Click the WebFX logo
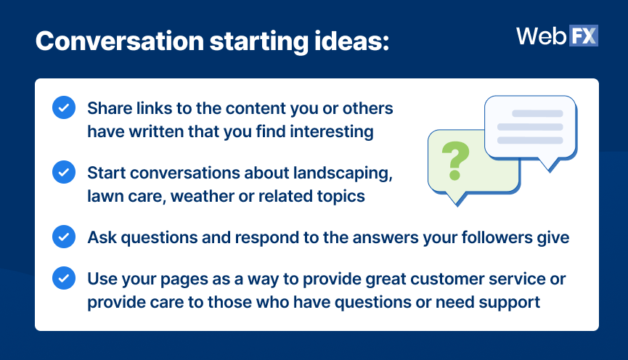click(557, 36)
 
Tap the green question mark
click(455, 160)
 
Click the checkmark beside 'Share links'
click(64, 107)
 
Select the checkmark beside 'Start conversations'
click(64, 172)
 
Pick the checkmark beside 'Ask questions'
click(64, 237)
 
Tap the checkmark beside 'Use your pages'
click(64, 278)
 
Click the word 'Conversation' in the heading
click(120, 41)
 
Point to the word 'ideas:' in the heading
click(351, 41)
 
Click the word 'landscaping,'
click(343, 173)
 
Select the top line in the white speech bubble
click(537, 113)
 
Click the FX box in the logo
click(583, 36)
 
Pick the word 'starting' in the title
click(259, 41)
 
